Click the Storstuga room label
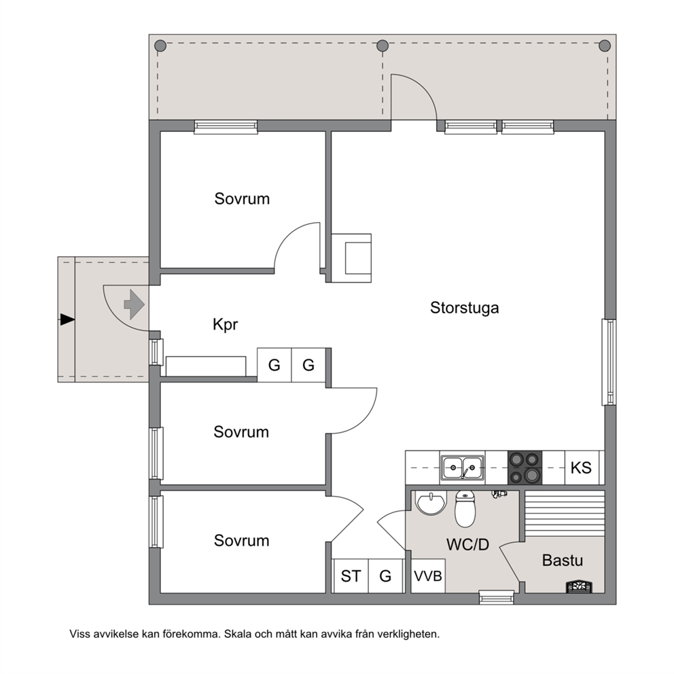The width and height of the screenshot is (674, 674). [464, 308]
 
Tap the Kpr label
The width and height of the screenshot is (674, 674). [225, 325]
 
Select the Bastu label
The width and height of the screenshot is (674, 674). [563, 561]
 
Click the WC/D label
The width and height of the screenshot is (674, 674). [467, 545]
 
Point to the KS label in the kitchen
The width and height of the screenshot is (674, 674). [581, 467]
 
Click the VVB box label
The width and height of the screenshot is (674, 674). [427, 575]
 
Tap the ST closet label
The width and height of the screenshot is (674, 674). [351, 576]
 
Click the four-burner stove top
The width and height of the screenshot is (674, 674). [525, 467]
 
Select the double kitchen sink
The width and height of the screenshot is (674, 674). [462, 467]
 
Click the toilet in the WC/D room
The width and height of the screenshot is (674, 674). [465, 509]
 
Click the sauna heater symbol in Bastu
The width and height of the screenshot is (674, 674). [579, 587]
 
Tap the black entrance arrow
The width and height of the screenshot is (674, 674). [67, 320]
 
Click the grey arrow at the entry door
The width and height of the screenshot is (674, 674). [134, 304]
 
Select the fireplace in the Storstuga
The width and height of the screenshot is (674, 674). [351, 258]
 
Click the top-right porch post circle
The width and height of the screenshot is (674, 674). [605, 46]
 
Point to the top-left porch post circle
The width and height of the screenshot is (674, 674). [160, 46]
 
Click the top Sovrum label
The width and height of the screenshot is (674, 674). [242, 199]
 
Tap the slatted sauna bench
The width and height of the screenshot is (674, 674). [565, 513]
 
